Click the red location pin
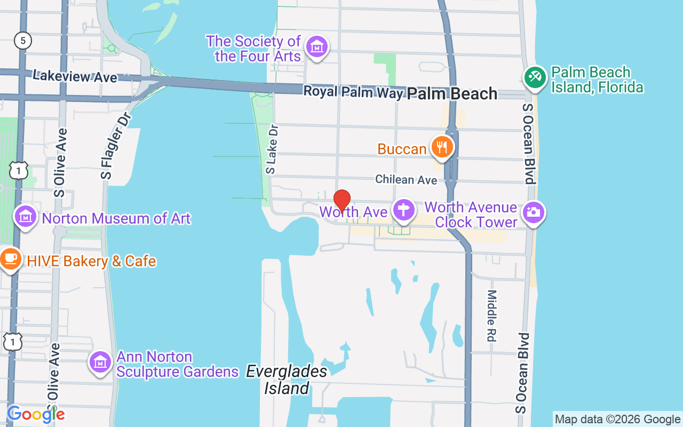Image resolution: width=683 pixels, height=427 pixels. coord(342,200)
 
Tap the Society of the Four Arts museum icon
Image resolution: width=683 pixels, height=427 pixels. coord(317,47)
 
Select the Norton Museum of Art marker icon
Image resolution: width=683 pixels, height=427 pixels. coord(25,217)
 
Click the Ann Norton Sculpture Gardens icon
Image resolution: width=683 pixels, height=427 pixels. coord(100,362)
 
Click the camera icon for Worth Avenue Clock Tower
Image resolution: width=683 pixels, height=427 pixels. coord(533,212)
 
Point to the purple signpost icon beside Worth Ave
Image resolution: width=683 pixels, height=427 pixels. coord(404,211)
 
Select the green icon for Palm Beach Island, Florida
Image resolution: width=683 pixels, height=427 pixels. coord(535,77)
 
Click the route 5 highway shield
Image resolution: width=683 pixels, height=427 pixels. coord(23,41)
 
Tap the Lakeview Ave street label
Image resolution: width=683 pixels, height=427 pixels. coord(75,76)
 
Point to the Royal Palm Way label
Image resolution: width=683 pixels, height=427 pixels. coord(353,92)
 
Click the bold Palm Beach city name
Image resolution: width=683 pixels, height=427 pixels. coord(452,94)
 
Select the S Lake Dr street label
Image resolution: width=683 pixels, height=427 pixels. coord(272,149)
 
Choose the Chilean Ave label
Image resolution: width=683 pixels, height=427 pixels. coord(406,179)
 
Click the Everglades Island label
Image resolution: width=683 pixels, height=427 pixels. coord(287,379)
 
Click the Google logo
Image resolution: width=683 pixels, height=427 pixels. coord(35,414)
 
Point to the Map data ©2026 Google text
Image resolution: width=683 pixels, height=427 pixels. coord(617,420)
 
